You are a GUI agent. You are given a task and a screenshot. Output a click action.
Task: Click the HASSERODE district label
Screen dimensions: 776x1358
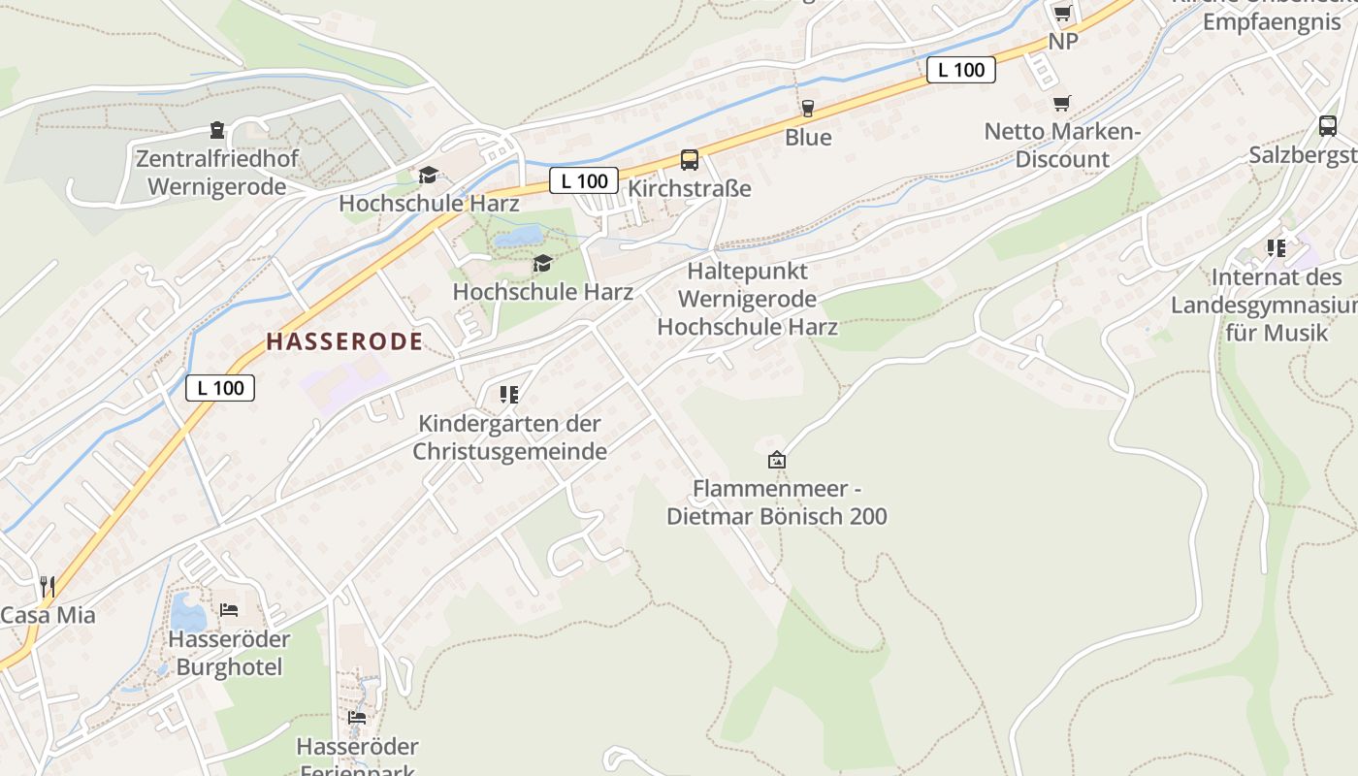pyautogui.click(x=344, y=341)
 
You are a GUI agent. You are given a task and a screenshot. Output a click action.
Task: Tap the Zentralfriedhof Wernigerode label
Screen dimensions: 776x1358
pyautogui.click(x=217, y=172)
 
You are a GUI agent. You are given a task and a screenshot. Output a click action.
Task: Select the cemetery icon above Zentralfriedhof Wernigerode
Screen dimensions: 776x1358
pyautogui.click(x=216, y=130)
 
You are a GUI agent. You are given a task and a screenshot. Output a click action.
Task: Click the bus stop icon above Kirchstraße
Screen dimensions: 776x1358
pyautogui.click(x=689, y=160)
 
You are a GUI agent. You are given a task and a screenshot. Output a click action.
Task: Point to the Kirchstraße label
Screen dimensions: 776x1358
pyautogui.click(x=690, y=188)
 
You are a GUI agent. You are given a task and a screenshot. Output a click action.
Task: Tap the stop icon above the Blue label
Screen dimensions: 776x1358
pyautogui.click(x=807, y=108)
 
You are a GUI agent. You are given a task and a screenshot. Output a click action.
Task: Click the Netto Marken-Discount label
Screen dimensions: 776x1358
pyautogui.click(x=1062, y=145)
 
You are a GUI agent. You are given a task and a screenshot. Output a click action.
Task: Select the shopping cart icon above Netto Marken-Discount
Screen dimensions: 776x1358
pyautogui.click(x=1062, y=103)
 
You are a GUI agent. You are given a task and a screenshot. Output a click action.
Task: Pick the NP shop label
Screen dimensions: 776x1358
pyautogui.click(x=1063, y=42)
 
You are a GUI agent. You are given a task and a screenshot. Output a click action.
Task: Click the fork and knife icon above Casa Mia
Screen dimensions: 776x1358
pyautogui.click(x=47, y=586)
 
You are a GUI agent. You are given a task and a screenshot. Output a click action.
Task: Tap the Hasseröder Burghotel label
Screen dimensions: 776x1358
pyautogui.click(x=229, y=653)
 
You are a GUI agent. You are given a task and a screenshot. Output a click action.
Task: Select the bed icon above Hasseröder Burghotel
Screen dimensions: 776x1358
pyautogui.click(x=229, y=609)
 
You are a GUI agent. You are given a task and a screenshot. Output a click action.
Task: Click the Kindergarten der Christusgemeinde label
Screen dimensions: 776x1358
pyautogui.click(x=510, y=437)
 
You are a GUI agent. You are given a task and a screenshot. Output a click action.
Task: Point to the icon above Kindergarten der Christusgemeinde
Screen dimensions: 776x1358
pyautogui.click(x=509, y=394)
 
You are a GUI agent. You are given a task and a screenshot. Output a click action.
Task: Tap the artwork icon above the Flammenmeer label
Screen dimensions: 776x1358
pyautogui.click(x=776, y=460)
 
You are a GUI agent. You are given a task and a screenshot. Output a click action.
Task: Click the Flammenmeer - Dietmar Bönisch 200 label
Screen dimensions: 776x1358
pyautogui.click(x=776, y=502)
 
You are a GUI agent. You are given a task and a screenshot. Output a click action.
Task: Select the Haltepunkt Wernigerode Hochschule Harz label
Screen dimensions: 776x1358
pyautogui.click(x=748, y=299)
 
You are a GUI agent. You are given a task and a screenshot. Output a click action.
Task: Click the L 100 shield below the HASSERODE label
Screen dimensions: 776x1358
pyautogui.click(x=220, y=388)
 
